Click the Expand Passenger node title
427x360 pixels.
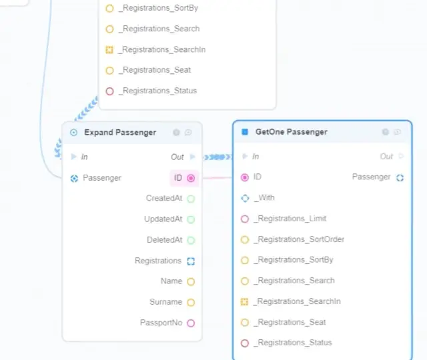(x=120, y=133)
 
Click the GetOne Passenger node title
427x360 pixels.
(x=291, y=132)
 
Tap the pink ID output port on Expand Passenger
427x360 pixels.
(x=191, y=178)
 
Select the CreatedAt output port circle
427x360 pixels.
(x=191, y=199)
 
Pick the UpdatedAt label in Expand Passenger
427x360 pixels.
(x=163, y=219)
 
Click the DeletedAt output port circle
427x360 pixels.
(x=191, y=240)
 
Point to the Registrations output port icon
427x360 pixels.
(x=191, y=261)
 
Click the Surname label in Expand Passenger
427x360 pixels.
(x=165, y=302)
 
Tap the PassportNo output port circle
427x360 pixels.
(x=191, y=323)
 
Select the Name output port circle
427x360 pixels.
(x=191, y=282)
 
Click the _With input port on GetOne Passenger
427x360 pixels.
(x=245, y=198)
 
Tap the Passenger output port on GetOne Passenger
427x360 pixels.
(x=400, y=177)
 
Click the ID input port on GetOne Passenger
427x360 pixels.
(x=245, y=177)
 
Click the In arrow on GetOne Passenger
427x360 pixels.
(x=245, y=157)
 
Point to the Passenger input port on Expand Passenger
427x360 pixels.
(x=74, y=178)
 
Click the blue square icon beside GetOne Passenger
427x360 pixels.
(x=245, y=132)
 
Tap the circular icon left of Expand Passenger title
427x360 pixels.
(x=74, y=133)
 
